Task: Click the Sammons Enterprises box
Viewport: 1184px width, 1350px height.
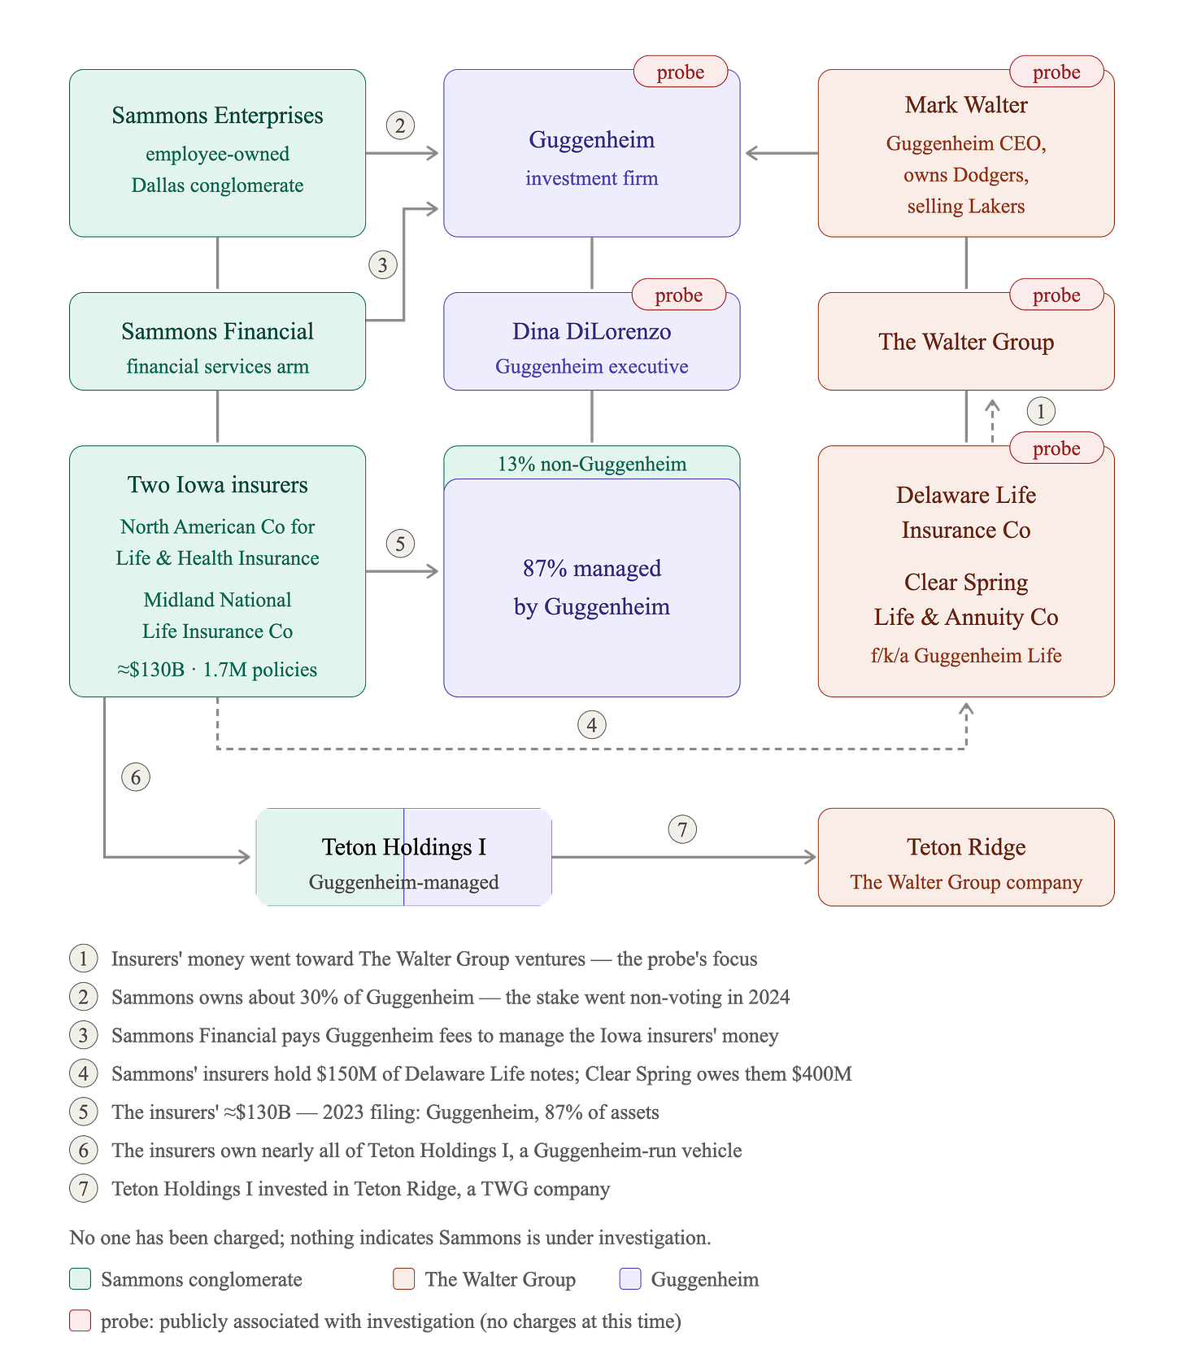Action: click(x=217, y=153)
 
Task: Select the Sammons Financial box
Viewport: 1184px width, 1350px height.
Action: click(x=217, y=341)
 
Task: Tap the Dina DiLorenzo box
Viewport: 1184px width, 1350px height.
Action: click(x=592, y=341)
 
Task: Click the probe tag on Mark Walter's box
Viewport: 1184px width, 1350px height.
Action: click(x=1056, y=72)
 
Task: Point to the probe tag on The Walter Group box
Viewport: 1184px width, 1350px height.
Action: click(x=1056, y=295)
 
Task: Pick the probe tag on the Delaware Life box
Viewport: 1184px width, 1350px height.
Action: click(x=1056, y=448)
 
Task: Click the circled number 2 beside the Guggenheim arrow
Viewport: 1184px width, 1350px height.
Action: click(x=400, y=126)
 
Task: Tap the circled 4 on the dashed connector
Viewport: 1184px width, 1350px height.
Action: click(x=592, y=725)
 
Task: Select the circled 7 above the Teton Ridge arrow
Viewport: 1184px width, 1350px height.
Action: click(x=682, y=830)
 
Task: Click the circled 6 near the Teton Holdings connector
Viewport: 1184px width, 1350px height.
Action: click(x=136, y=777)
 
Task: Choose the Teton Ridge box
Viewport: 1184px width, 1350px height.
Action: click(x=966, y=857)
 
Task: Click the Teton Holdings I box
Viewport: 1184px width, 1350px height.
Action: click(x=404, y=857)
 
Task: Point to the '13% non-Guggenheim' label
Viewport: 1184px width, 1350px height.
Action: click(x=592, y=464)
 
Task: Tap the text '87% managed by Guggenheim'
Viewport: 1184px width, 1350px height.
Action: click(x=592, y=587)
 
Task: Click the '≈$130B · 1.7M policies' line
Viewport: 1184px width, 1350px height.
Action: click(x=217, y=670)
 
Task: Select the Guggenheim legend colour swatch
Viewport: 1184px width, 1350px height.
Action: click(x=630, y=1279)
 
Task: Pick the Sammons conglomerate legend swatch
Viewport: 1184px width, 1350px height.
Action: click(x=81, y=1279)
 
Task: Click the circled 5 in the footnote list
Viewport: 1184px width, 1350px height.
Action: click(x=84, y=1112)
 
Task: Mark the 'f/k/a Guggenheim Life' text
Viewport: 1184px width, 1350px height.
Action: click(x=966, y=656)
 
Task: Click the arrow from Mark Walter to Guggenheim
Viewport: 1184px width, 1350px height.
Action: click(x=782, y=153)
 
